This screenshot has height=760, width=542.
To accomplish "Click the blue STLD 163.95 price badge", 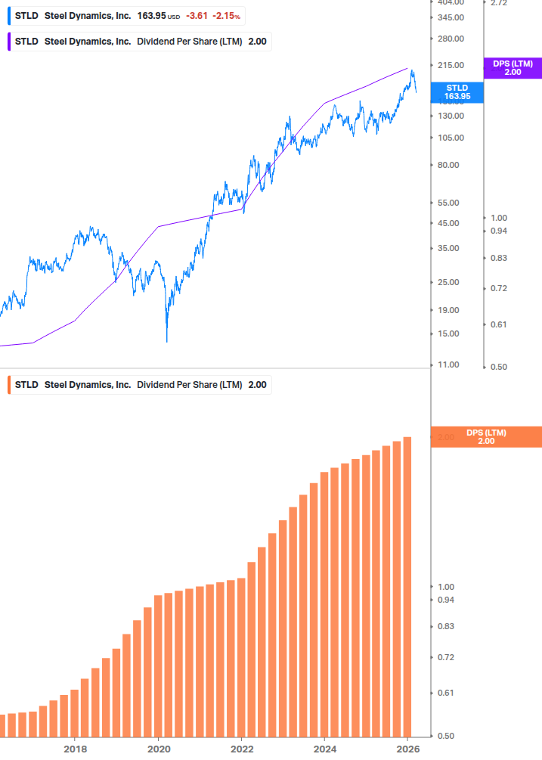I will click(x=457, y=92).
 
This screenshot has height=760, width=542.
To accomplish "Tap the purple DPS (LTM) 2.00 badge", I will click(x=513, y=68).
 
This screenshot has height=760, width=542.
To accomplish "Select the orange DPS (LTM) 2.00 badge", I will click(x=485, y=436).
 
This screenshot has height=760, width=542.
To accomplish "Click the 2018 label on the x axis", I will click(x=74, y=749).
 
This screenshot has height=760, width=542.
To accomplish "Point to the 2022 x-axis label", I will click(x=241, y=749).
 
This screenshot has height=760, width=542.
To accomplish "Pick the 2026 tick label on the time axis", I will click(x=408, y=749).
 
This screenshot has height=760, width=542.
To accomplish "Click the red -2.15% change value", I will click(x=227, y=16).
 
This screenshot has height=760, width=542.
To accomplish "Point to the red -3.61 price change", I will click(x=197, y=16).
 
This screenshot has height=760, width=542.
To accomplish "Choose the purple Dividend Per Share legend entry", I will click(x=140, y=42).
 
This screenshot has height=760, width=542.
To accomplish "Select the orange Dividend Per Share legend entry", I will click(x=140, y=384).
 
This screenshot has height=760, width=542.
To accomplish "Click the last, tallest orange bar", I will click(x=407, y=586).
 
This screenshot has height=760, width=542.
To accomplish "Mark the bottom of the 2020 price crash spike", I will click(x=166, y=341).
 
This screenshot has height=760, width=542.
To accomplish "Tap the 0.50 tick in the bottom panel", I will click(x=446, y=736).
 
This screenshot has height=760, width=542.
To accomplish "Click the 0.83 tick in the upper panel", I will click(x=498, y=258).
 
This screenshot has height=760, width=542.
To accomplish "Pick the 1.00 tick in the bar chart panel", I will click(x=446, y=587).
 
